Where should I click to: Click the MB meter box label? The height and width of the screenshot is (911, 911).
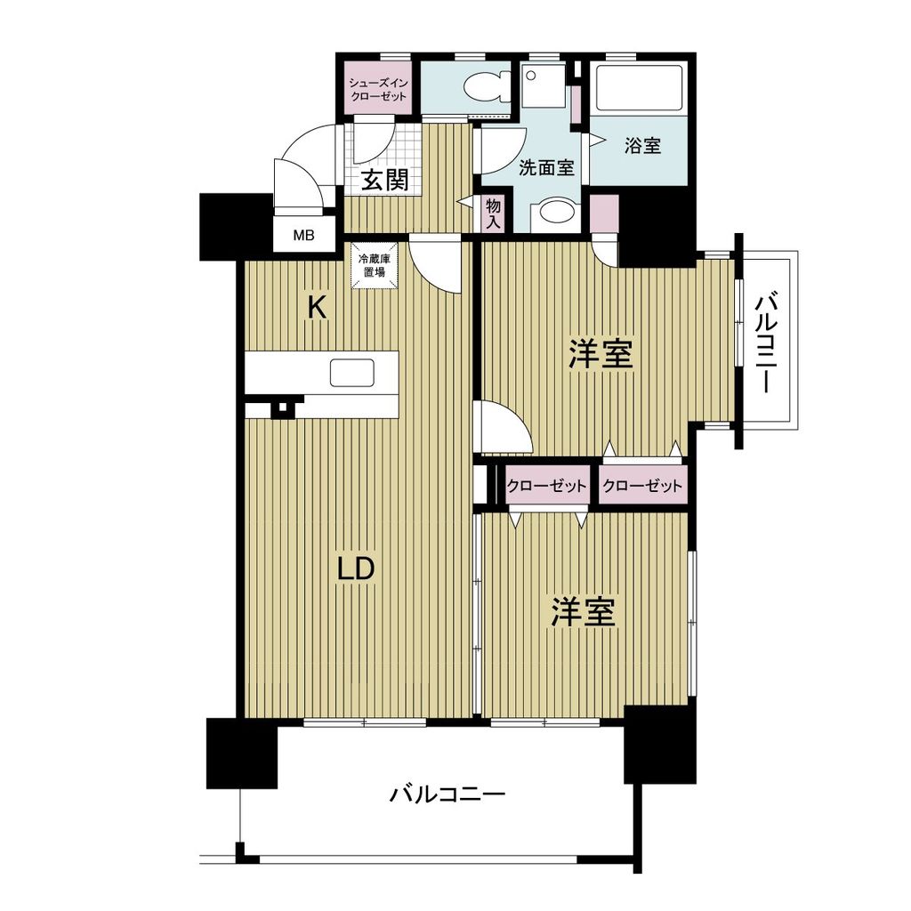coord(304,236)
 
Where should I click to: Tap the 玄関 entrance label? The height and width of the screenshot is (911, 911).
coord(385,181)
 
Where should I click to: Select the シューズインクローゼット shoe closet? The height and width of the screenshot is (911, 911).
coord(378,89)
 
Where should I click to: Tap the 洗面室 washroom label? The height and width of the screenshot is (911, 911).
coord(546,167)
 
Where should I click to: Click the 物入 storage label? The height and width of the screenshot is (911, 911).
coord(493,214)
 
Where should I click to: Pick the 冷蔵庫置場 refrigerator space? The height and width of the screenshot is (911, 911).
coord(372,266)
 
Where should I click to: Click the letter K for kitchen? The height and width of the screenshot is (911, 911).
coord(317,308)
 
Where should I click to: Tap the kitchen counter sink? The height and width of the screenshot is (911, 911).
coord(351,373)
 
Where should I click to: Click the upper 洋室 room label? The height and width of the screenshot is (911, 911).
coord(601,355)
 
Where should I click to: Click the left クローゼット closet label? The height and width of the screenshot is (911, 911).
coord(546,487)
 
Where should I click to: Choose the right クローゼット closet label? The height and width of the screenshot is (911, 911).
coord(641,487)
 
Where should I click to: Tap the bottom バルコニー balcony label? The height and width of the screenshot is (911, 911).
coord(447,793)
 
